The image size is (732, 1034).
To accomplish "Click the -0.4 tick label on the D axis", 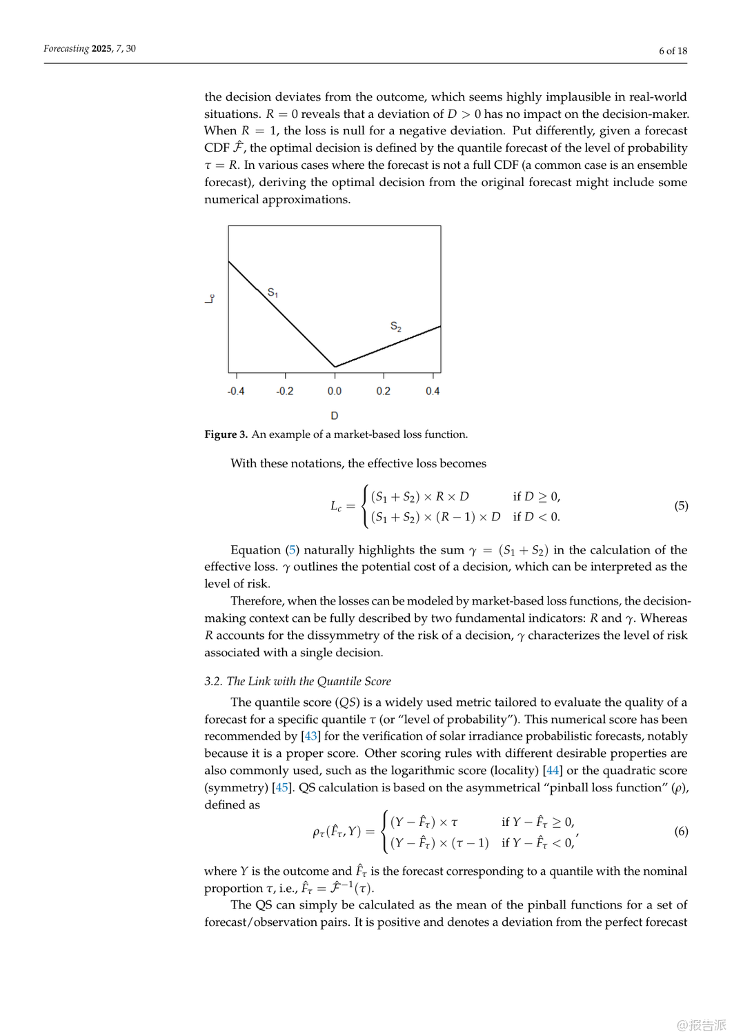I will pos(236,391).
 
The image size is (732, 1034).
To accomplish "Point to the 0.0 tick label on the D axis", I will pos(335,391).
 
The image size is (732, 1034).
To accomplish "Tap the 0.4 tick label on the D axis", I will pos(433,391).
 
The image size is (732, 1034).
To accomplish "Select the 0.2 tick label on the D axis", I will pos(384,391).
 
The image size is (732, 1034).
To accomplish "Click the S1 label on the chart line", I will pos(273,293).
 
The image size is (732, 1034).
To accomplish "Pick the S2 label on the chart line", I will pos(396,327).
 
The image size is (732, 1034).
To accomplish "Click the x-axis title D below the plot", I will pos(335,416).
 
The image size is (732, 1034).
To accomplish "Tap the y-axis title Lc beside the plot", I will pos(210,298).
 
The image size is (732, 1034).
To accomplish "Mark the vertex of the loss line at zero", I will pos(335,367).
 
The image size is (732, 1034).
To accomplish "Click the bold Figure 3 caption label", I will pos(226,434).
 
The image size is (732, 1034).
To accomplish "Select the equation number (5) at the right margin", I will pos(681,506).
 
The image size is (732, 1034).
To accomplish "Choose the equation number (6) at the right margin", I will pos(681,831).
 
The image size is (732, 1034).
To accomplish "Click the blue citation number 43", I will pos(311,736).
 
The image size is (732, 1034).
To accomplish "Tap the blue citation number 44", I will pos(553,771).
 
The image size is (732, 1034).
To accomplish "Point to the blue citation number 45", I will pos(281,788).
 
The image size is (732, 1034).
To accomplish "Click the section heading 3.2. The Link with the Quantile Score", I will pos(297,681).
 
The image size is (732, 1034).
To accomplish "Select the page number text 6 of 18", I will pos(673,50).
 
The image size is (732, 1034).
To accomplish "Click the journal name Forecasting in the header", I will pos(66,48).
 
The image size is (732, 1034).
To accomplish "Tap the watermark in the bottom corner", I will pos(701,1025).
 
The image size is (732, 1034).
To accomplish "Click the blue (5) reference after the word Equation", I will pos(293,550).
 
